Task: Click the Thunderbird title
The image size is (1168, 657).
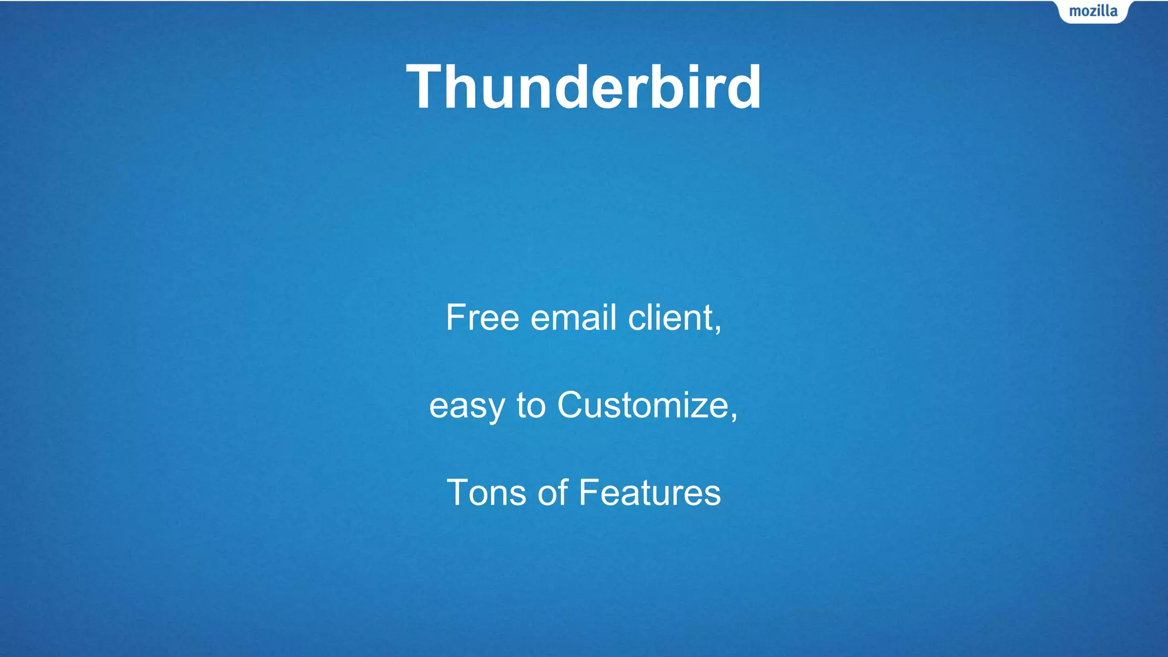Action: (583, 87)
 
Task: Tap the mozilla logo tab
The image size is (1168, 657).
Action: (1093, 11)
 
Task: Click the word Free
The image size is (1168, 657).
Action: (482, 318)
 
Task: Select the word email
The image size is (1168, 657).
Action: (573, 318)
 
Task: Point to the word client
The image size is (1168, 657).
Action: (670, 318)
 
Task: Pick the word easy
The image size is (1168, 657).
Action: (467, 406)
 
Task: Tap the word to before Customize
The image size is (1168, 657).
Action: (531, 406)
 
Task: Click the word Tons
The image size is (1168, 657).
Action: (486, 493)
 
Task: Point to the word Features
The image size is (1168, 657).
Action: (650, 493)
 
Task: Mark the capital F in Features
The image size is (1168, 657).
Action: (590, 493)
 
